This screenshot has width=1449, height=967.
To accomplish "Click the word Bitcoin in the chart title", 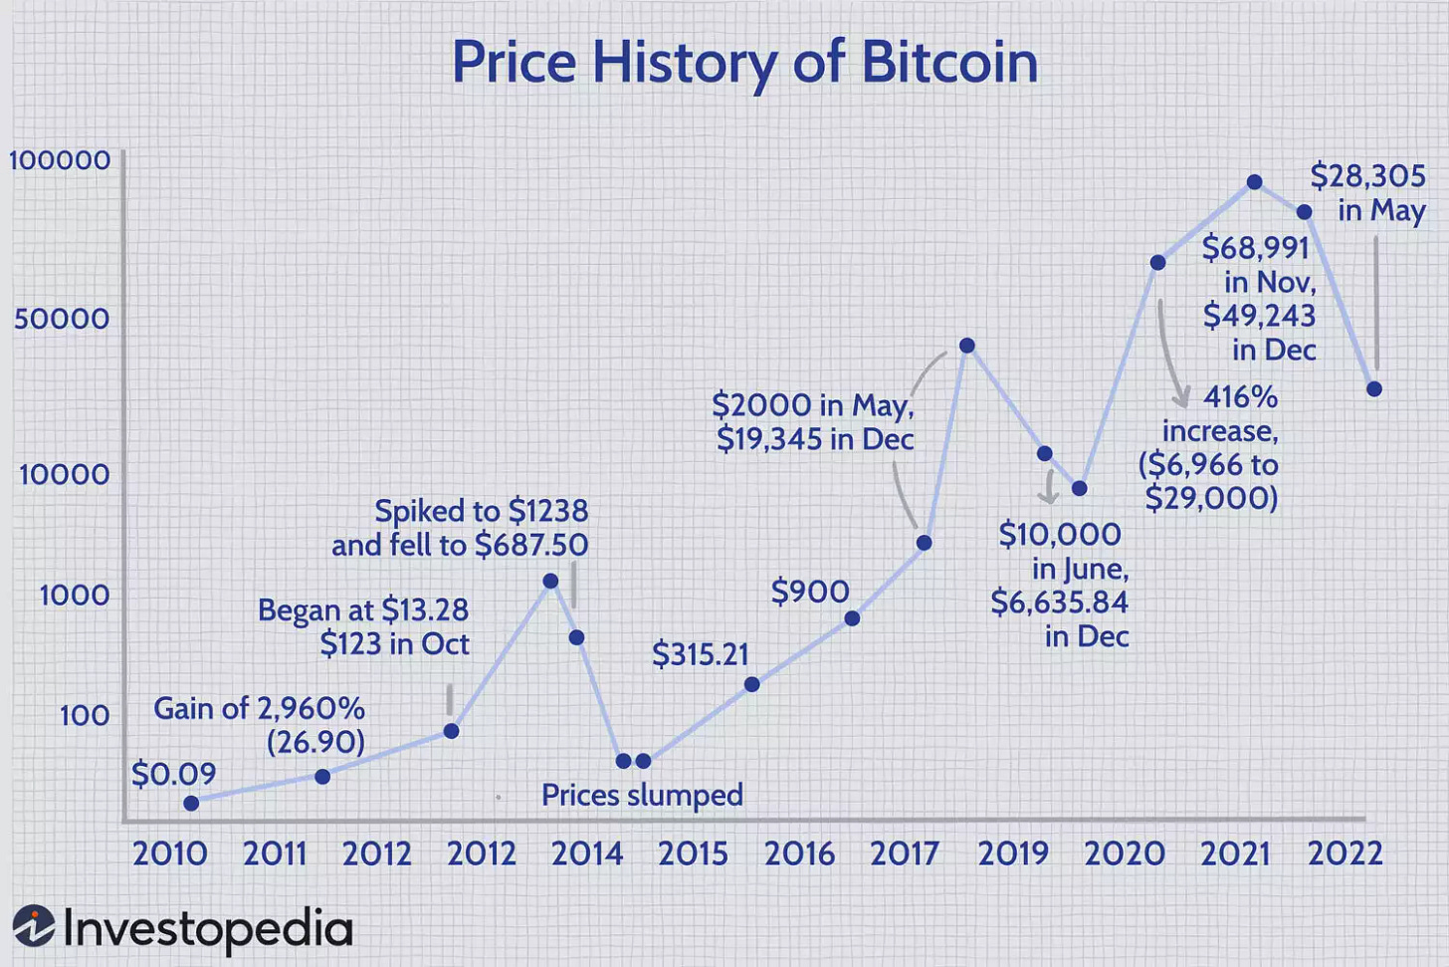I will point(949,62).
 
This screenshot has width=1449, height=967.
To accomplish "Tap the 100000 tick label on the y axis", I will point(60,160).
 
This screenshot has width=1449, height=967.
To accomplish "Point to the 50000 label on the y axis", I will point(62,319).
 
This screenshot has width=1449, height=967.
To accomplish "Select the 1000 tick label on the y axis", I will point(74,596).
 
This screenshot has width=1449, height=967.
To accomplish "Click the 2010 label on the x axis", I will point(169,853).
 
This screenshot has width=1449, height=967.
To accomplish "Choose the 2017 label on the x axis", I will point(904,853).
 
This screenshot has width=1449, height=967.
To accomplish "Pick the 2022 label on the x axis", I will point(1345,853).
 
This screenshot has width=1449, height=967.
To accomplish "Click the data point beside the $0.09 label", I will point(191,803).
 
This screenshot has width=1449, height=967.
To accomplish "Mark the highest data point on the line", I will point(1255,182).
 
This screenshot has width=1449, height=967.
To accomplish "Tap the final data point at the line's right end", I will point(1374,389).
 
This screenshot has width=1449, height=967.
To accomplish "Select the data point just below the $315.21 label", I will point(752,684).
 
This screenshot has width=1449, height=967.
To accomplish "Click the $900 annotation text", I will point(810,592).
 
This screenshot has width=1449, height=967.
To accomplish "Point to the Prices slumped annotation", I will point(642,795).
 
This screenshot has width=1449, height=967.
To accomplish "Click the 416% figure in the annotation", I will point(1240,397).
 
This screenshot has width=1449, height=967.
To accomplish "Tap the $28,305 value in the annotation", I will point(1367,176).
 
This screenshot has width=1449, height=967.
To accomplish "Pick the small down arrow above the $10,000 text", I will point(1047,487).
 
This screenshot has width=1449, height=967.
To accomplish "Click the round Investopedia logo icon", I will point(34,925).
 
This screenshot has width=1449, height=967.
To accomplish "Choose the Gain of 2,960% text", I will point(259,708).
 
